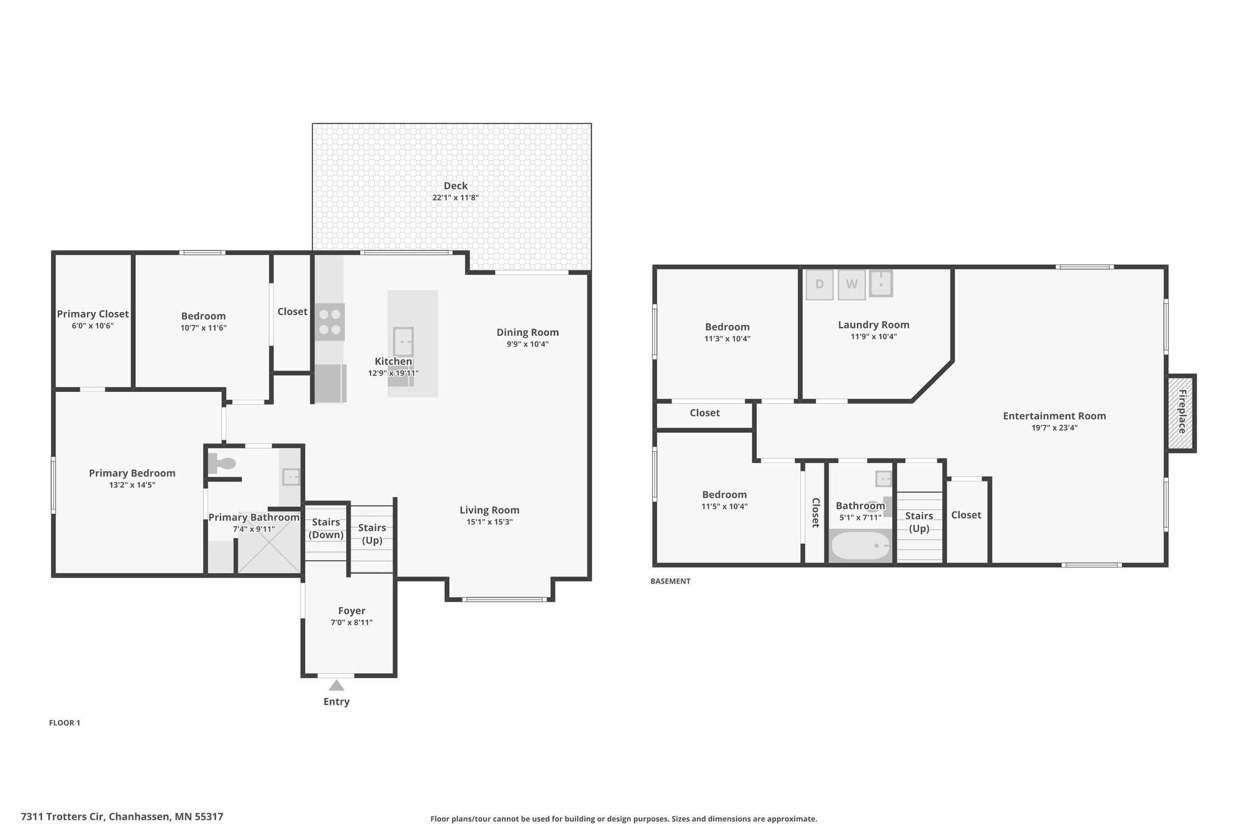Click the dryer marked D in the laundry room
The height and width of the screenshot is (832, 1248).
[x=819, y=285]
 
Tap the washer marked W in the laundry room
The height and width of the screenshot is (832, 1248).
[x=851, y=285]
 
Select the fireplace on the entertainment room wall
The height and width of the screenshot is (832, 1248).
[x=1181, y=413]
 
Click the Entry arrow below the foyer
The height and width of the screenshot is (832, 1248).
[x=336, y=685]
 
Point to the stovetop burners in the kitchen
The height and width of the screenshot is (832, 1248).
[x=330, y=322]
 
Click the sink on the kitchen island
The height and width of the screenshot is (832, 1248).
[x=403, y=342]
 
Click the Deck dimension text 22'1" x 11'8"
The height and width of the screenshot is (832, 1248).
[x=456, y=197]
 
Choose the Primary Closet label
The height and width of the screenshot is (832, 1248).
[x=93, y=314]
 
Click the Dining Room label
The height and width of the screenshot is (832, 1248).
[x=528, y=332]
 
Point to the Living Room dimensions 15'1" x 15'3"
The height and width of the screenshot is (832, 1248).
[x=489, y=522]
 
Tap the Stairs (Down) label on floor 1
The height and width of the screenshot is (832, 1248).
[x=326, y=528]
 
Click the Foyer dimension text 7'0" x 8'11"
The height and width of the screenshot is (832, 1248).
[x=352, y=622]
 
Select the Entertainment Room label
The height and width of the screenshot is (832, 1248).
[x=1054, y=416]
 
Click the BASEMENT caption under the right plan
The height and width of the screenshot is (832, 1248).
[x=670, y=581]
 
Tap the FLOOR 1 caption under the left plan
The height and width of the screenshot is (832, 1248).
[x=65, y=723]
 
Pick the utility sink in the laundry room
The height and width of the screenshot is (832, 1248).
[x=881, y=283]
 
